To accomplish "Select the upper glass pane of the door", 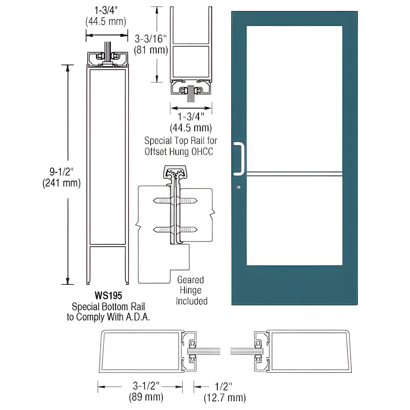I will [x=294, y=98].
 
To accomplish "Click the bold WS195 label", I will [x=108, y=296].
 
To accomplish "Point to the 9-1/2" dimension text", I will [x=62, y=172].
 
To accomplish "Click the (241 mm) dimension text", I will [x=62, y=183].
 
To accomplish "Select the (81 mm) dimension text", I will [x=151, y=50].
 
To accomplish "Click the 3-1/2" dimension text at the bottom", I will [x=146, y=386].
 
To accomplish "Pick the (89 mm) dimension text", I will [x=146, y=397].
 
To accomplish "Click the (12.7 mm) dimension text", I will [x=224, y=398].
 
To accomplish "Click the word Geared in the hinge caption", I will [x=190, y=280].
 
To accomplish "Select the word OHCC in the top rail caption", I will [x=202, y=152].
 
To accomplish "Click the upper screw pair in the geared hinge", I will [x=175, y=201].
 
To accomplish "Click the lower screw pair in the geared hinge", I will [x=175, y=230].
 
